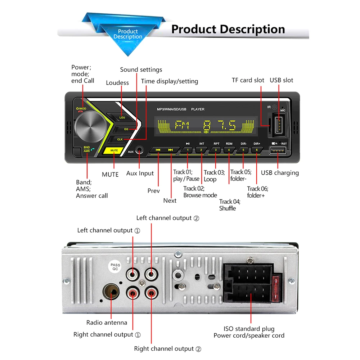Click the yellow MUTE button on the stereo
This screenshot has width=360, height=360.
(x=114, y=150)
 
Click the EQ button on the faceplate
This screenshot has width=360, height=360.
(x=126, y=129)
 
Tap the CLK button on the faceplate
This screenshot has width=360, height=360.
(x=120, y=139)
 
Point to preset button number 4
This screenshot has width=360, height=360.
(x=229, y=149)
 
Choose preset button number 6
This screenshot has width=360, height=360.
(x=257, y=149)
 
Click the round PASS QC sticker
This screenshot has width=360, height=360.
(x=116, y=267)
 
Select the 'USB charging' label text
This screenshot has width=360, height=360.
(x=280, y=173)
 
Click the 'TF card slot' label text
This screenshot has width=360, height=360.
(x=248, y=80)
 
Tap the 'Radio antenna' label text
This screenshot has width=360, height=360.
(x=107, y=323)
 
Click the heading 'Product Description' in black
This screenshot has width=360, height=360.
(x=228, y=29)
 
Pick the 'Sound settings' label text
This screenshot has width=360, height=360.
(x=141, y=69)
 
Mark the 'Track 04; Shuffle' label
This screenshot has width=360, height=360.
(x=229, y=205)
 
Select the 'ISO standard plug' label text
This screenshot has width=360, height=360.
(x=249, y=329)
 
